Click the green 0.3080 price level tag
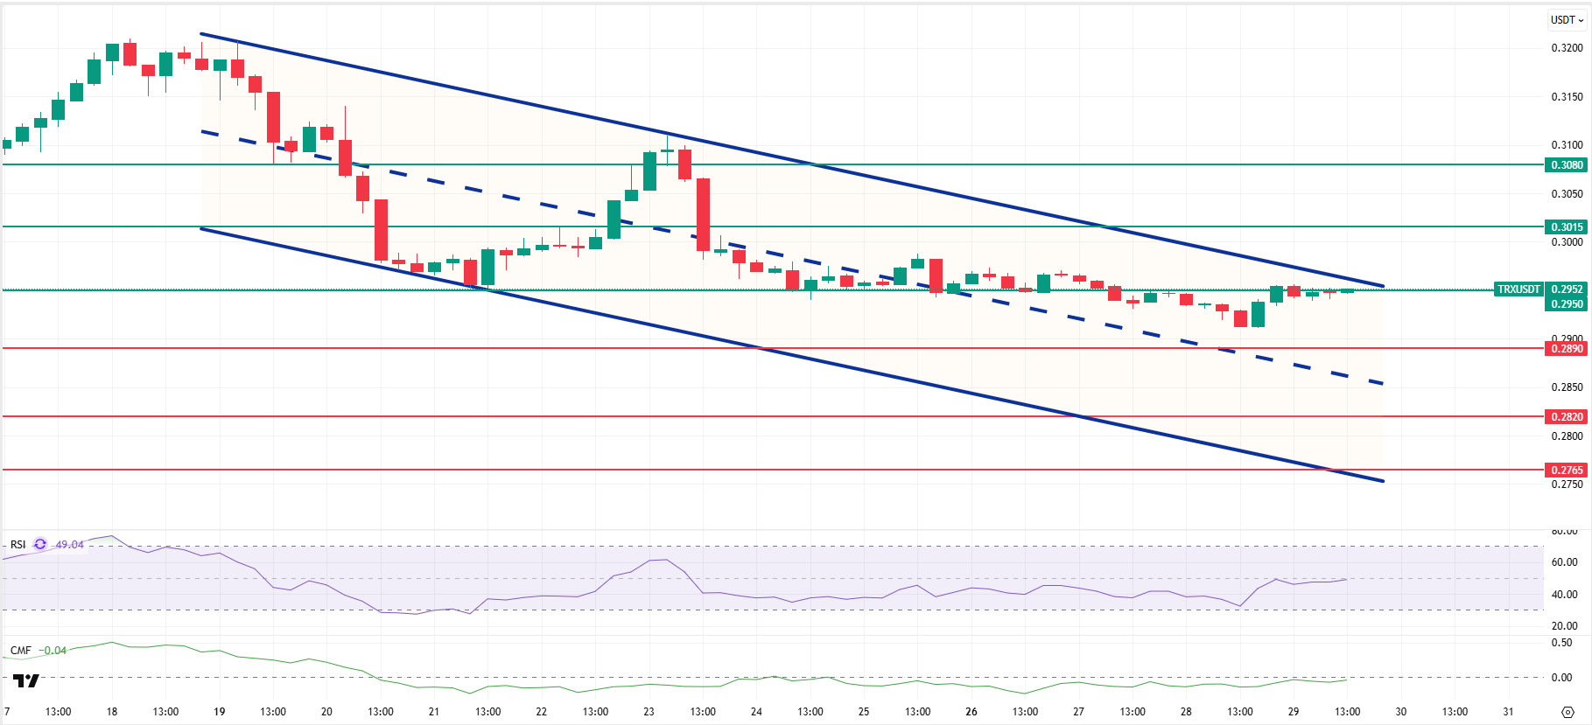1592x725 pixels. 1567,164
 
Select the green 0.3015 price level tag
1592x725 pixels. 1567,227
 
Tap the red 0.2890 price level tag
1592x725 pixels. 1567,348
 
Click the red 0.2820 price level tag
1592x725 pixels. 1567,416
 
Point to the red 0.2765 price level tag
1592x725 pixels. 1567,470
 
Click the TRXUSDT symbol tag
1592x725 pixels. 1518,289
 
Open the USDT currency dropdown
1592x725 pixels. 1567,19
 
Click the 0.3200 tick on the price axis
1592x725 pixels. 1567,48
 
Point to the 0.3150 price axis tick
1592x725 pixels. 1567,96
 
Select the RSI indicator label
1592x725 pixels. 18,545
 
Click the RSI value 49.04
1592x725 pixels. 70,545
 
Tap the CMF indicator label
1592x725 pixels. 20,651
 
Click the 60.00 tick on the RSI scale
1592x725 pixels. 1564,562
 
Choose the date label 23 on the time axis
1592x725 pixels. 649,711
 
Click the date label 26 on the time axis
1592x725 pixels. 971,711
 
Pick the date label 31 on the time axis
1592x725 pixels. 1508,711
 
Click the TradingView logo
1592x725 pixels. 26,680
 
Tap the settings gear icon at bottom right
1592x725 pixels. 1567,712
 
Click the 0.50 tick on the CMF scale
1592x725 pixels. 1561,643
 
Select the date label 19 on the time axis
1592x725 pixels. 219,711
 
